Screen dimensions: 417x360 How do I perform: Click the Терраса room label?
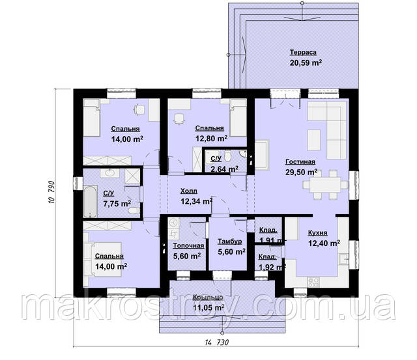(303, 52)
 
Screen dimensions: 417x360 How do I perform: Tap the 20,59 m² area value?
(306, 63)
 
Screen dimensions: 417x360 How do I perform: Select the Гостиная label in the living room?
(300, 162)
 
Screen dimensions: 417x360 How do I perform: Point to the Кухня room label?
(317, 233)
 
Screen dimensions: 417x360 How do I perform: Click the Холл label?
(189, 191)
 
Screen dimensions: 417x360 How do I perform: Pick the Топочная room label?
(188, 246)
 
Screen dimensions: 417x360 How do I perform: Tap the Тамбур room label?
(230, 242)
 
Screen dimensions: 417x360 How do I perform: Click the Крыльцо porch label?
(208, 298)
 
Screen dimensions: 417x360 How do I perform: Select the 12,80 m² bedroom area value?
(211, 139)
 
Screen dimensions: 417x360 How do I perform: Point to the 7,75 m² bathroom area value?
(117, 204)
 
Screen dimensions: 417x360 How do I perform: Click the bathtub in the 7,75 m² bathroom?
(90, 201)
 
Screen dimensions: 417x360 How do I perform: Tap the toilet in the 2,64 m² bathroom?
(227, 156)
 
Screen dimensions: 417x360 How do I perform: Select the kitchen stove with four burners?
(313, 282)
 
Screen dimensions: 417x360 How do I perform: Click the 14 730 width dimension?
(217, 342)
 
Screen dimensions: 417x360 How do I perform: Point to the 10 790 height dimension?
(51, 193)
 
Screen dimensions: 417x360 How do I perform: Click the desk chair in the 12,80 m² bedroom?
(179, 118)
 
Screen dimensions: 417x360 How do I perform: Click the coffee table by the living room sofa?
(314, 140)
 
